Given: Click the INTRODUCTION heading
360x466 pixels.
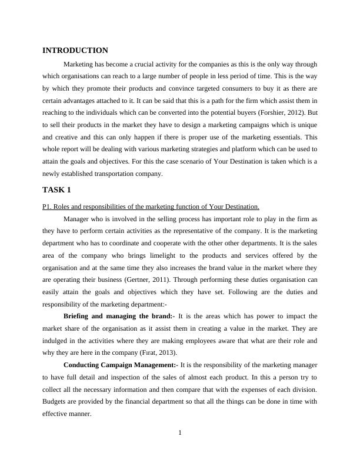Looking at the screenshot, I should point(75,51).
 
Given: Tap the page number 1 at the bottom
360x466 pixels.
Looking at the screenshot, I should point(180,434).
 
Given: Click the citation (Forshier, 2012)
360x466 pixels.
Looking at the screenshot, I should point(281,112).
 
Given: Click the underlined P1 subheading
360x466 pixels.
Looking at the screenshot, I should point(151,207).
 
